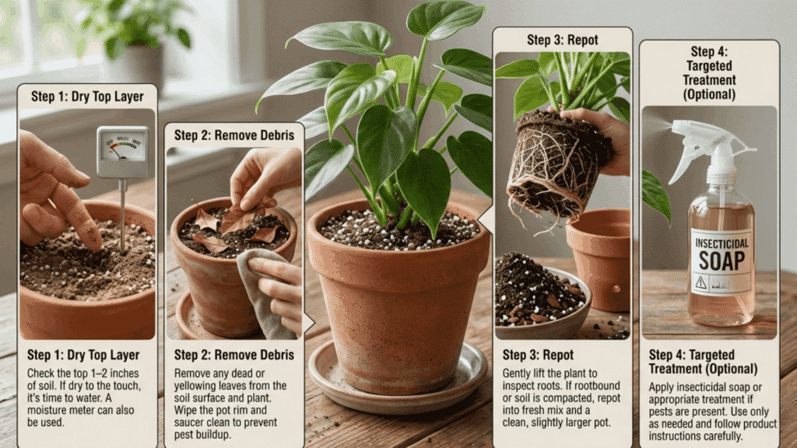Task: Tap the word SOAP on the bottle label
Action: click(x=722, y=261)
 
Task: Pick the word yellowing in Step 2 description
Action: click(x=198, y=386)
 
